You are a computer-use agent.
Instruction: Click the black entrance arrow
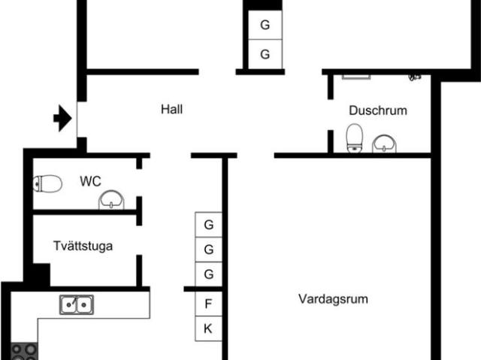point(62,118)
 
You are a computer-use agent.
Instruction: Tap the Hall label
point(171,109)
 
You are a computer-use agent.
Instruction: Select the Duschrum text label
point(377,110)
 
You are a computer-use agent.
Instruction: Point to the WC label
point(90,180)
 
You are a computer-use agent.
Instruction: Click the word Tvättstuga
point(83,245)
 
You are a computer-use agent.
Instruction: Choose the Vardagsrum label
point(332,298)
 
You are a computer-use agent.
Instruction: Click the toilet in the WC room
point(48,183)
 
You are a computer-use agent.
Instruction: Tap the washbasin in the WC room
point(111,199)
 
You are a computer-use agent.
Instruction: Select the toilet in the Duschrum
point(354,138)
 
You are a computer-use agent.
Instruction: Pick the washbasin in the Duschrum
point(386,142)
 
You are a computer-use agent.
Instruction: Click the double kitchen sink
point(77,304)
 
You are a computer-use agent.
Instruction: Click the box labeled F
point(208,304)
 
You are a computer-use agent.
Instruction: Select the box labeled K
point(208,328)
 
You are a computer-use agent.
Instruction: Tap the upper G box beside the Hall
point(265,25)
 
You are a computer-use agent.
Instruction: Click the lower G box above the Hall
point(265,54)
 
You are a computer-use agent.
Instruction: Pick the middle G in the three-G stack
point(209,249)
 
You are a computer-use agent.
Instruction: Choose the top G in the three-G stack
point(209,224)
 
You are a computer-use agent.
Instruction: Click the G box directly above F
point(209,274)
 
